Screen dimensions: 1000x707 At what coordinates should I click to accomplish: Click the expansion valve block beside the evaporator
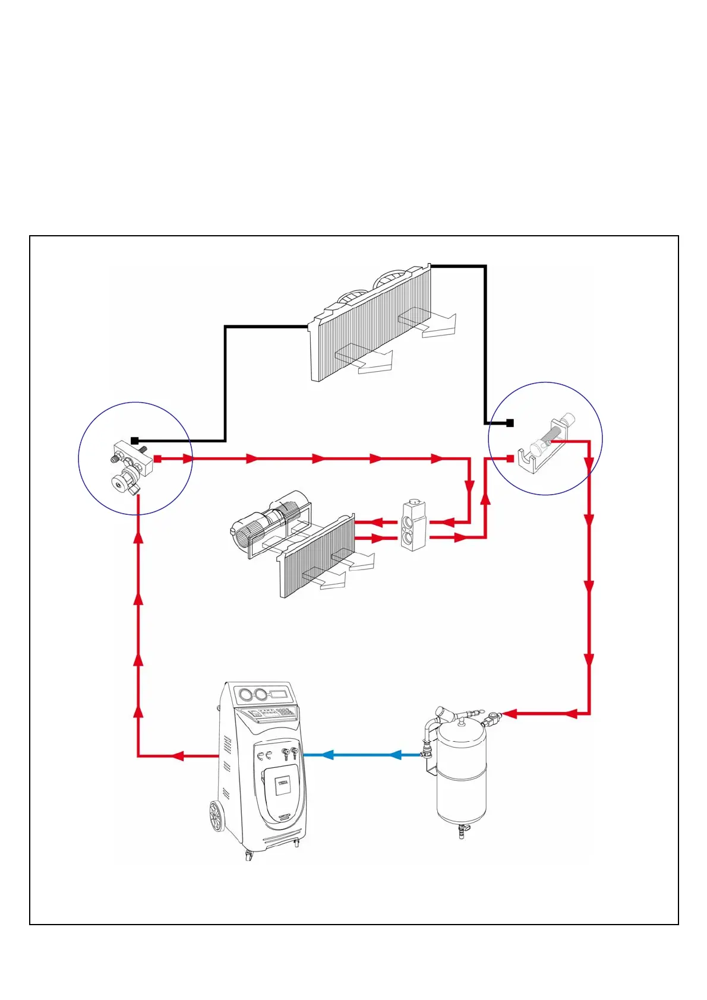click(x=413, y=526)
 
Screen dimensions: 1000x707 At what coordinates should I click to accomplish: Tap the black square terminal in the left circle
click(x=135, y=441)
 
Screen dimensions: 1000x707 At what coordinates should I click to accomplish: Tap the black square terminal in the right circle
click(x=510, y=423)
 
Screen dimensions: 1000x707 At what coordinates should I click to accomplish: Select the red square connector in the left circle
click(x=157, y=458)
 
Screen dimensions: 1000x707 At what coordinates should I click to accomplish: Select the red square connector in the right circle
click(x=510, y=458)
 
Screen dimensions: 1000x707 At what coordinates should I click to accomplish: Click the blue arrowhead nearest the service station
click(x=326, y=755)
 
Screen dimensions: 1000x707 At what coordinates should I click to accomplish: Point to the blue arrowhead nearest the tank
click(x=395, y=755)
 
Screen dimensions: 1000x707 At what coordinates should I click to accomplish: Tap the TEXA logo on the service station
click(x=283, y=783)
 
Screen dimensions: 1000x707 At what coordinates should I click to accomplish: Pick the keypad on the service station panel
click(x=284, y=712)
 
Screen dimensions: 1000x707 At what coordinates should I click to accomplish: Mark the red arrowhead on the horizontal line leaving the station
click(x=178, y=756)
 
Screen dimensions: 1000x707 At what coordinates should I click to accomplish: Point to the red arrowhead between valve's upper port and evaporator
click(x=376, y=523)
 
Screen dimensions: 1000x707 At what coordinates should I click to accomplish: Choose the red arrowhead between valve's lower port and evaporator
click(x=376, y=539)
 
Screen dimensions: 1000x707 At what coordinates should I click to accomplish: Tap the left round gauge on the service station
click(x=244, y=694)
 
